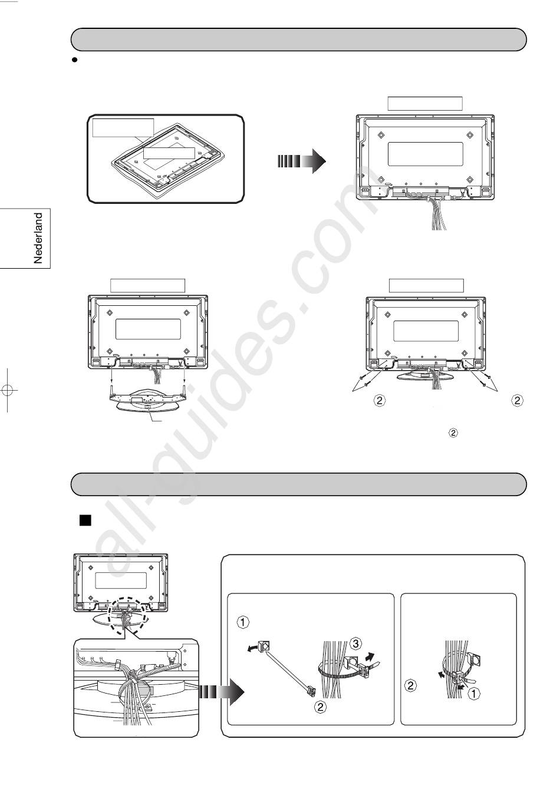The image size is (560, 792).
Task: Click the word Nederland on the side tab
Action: point(38,238)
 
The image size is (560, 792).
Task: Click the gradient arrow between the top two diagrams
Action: point(302,161)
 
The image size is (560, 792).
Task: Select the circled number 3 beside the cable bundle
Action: point(355,643)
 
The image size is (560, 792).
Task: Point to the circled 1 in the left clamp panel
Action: point(243,622)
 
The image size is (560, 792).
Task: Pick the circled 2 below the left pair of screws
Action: point(379,401)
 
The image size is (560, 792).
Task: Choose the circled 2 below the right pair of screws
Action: point(517,401)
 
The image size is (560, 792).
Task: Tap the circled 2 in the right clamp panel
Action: point(410,685)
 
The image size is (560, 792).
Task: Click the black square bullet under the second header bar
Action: point(85,521)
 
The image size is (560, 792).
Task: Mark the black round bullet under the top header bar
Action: point(74,60)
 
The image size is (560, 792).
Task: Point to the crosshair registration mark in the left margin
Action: point(8,390)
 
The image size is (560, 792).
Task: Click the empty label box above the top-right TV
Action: point(425,103)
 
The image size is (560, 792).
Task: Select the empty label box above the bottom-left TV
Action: point(147,285)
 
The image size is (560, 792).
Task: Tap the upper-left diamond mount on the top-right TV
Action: point(380,135)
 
